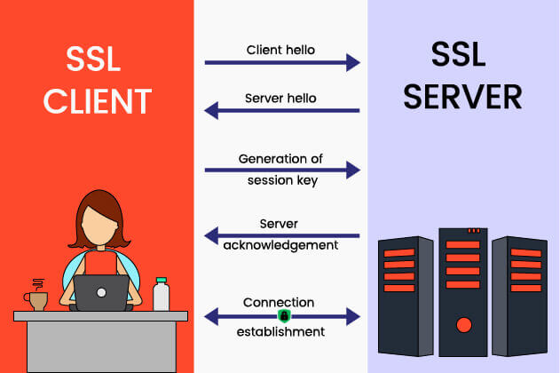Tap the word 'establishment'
[x=280, y=331]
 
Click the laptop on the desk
[x=100, y=292]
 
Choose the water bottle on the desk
[x=161, y=294]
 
